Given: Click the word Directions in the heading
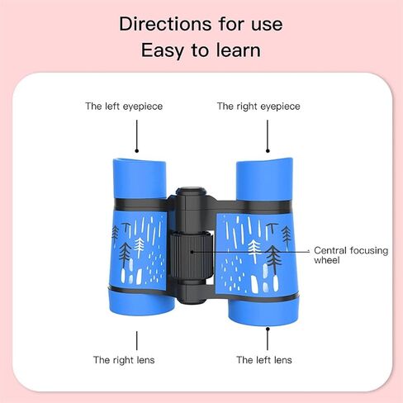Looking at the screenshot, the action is [166, 24].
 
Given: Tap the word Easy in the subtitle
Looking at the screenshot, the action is [163, 51].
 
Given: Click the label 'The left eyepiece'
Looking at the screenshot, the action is [124, 107].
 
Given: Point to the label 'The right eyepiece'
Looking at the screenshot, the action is [258, 107].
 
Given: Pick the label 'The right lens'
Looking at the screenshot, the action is [124, 360].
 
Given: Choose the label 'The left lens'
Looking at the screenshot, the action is [264, 360].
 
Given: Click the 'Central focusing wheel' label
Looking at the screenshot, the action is [351, 255].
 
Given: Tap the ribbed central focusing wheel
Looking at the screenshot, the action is [191, 256].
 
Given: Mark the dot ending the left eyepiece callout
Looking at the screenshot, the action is [137, 150].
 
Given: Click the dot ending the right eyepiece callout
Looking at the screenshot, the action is [268, 150].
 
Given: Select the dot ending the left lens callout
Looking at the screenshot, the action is [268, 329].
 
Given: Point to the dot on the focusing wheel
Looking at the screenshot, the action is [192, 252].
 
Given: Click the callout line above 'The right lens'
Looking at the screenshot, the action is [137, 340].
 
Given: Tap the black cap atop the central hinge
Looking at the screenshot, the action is [192, 192].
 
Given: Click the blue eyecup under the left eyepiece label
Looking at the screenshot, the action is [140, 178].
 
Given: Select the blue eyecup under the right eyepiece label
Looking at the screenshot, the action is [264, 179].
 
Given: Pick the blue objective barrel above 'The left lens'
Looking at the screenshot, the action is [263, 312].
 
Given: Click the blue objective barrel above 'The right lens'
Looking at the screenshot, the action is [141, 303].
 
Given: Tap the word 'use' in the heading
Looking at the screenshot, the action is [267, 25].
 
